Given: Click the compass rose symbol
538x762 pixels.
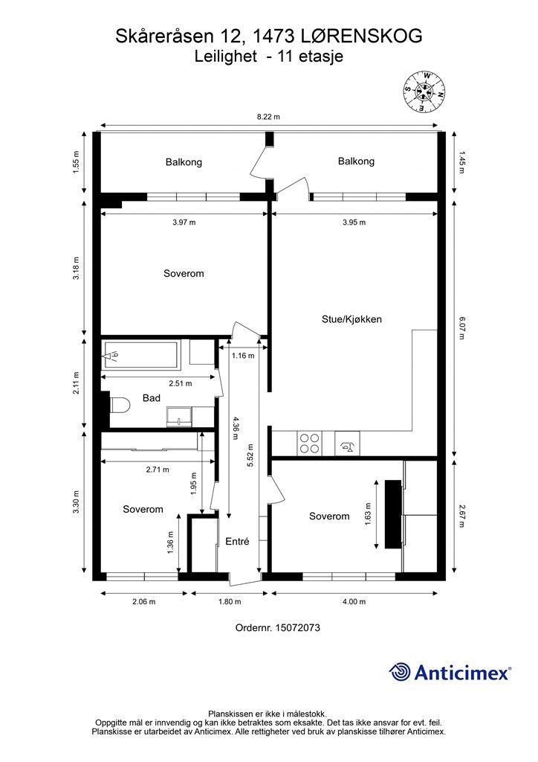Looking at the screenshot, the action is pyautogui.click(x=424, y=91).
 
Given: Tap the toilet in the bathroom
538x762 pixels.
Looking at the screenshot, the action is pyautogui.click(x=120, y=405).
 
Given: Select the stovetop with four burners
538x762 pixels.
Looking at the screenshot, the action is pyautogui.click(x=309, y=443).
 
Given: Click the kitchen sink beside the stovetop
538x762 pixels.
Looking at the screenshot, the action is pyautogui.click(x=347, y=444).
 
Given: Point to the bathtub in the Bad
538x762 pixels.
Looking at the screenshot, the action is pyautogui.click(x=140, y=356).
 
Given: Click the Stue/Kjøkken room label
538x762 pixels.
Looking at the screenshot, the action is pyautogui.click(x=351, y=319).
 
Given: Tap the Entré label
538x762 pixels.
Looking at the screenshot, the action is pyautogui.click(x=237, y=542).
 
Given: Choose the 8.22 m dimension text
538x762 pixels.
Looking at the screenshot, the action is pyautogui.click(x=268, y=117).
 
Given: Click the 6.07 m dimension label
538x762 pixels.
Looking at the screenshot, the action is pyautogui.click(x=462, y=327).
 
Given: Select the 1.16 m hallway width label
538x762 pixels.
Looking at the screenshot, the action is pyautogui.click(x=242, y=356).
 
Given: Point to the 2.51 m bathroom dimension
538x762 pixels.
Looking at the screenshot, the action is pyautogui.click(x=181, y=383).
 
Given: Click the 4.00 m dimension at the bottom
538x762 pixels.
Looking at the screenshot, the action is pyautogui.click(x=354, y=601).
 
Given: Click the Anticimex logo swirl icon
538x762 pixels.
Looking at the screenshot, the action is pyautogui.click(x=400, y=672).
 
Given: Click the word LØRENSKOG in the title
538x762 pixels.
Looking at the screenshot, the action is pyautogui.click(x=361, y=36).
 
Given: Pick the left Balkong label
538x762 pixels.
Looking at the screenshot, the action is pyautogui.click(x=184, y=162).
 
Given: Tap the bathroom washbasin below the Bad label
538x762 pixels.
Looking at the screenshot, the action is pyautogui.click(x=180, y=417).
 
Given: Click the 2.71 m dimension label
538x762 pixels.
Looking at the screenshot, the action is pyautogui.click(x=158, y=470).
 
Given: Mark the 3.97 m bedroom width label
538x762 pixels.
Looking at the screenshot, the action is pyautogui.click(x=184, y=222).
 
